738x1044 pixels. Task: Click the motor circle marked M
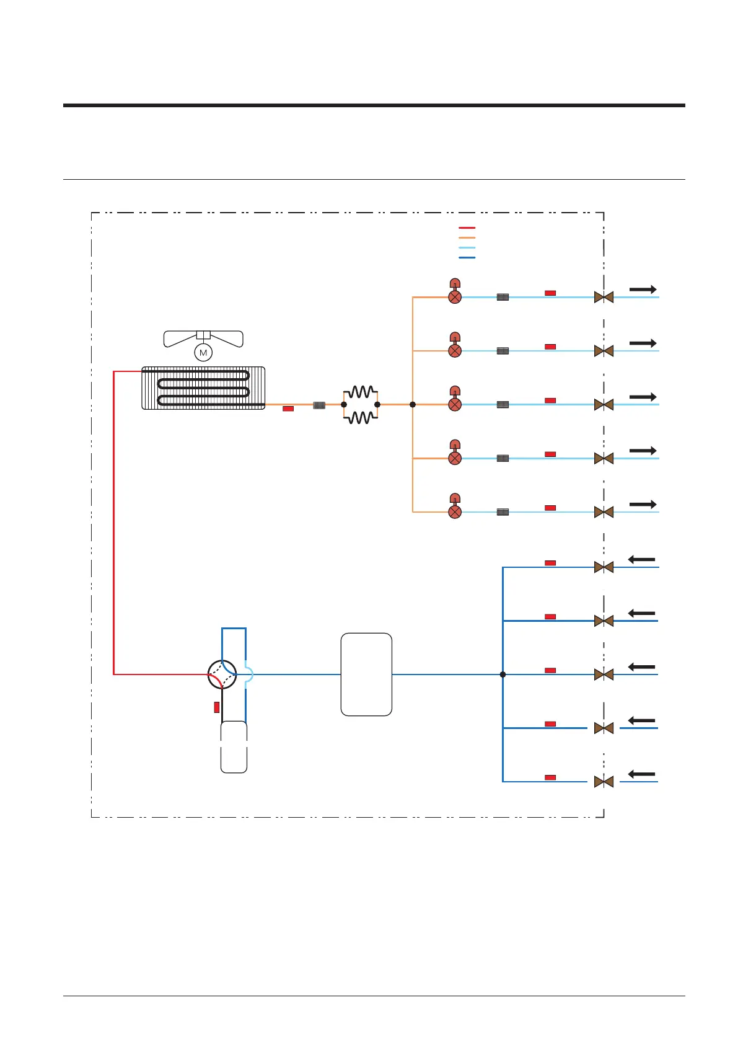pyautogui.click(x=203, y=353)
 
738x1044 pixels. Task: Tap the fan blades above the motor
pyautogui.click(x=203, y=338)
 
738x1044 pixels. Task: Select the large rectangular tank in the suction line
pyautogui.click(x=366, y=675)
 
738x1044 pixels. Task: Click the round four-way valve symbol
pyautogui.click(x=222, y=675)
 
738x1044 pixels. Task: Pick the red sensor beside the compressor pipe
pyautogui.click(x=216, y=707)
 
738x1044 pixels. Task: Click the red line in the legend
pyautogui.click(x=467, y=228)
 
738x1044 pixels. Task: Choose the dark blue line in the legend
pyautogui.click(x=467, y=257)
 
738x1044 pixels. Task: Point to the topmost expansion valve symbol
pyautogui.click(x=455, y=296)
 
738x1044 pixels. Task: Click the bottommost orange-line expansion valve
pyautogui.click(x=455, y=511)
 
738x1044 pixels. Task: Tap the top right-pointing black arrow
pyautogui.click(x=643, y=290)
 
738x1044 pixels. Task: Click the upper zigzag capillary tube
pyautogui.click(x=361, y=392)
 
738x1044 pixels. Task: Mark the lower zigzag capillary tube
pyautogui.click(x=361, y=418)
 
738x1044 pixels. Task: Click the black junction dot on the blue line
pyautogui.click(x=503, y=675)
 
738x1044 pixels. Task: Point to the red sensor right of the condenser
pyautogui.click(x=288, y=409)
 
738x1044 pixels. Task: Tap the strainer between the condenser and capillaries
pyautogui.click(x=319, y=405)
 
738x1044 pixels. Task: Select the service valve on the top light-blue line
pyautogui.click(x=604, y=298)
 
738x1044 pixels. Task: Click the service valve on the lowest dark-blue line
pyautogui.click(x=604, y=782)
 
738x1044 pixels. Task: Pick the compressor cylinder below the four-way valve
pyautogui.click(x=234, y=747)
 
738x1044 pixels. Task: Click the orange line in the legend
pyautogui.click(x=467, y=237)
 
